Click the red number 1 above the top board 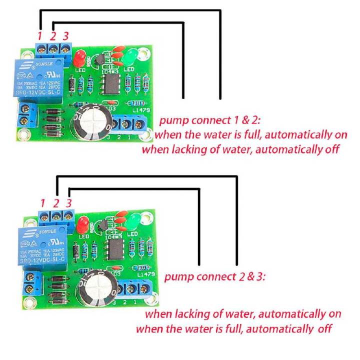point(39,35)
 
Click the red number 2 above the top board point(52,36)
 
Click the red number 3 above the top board point(65,36)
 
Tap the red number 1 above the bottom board point(43,203)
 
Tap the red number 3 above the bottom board point(69,203)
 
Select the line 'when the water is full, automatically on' point(242,134)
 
